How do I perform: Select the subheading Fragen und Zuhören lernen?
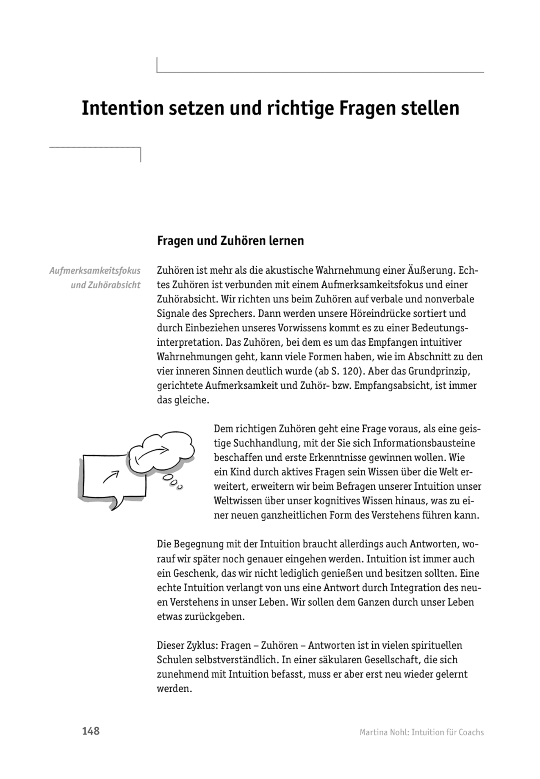pyautogui.click(x=230, y=241)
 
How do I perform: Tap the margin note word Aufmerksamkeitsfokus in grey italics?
pyautogui.click(x=95, y=271)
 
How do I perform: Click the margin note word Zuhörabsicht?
pyautogui.click(x=106, y=285)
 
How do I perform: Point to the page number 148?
pyautogui.click(x=90, y=731)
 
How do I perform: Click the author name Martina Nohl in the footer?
pyautogui.click(x=382, y=732)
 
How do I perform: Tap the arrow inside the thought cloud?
pyautogui.click(x=153, y=453)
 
